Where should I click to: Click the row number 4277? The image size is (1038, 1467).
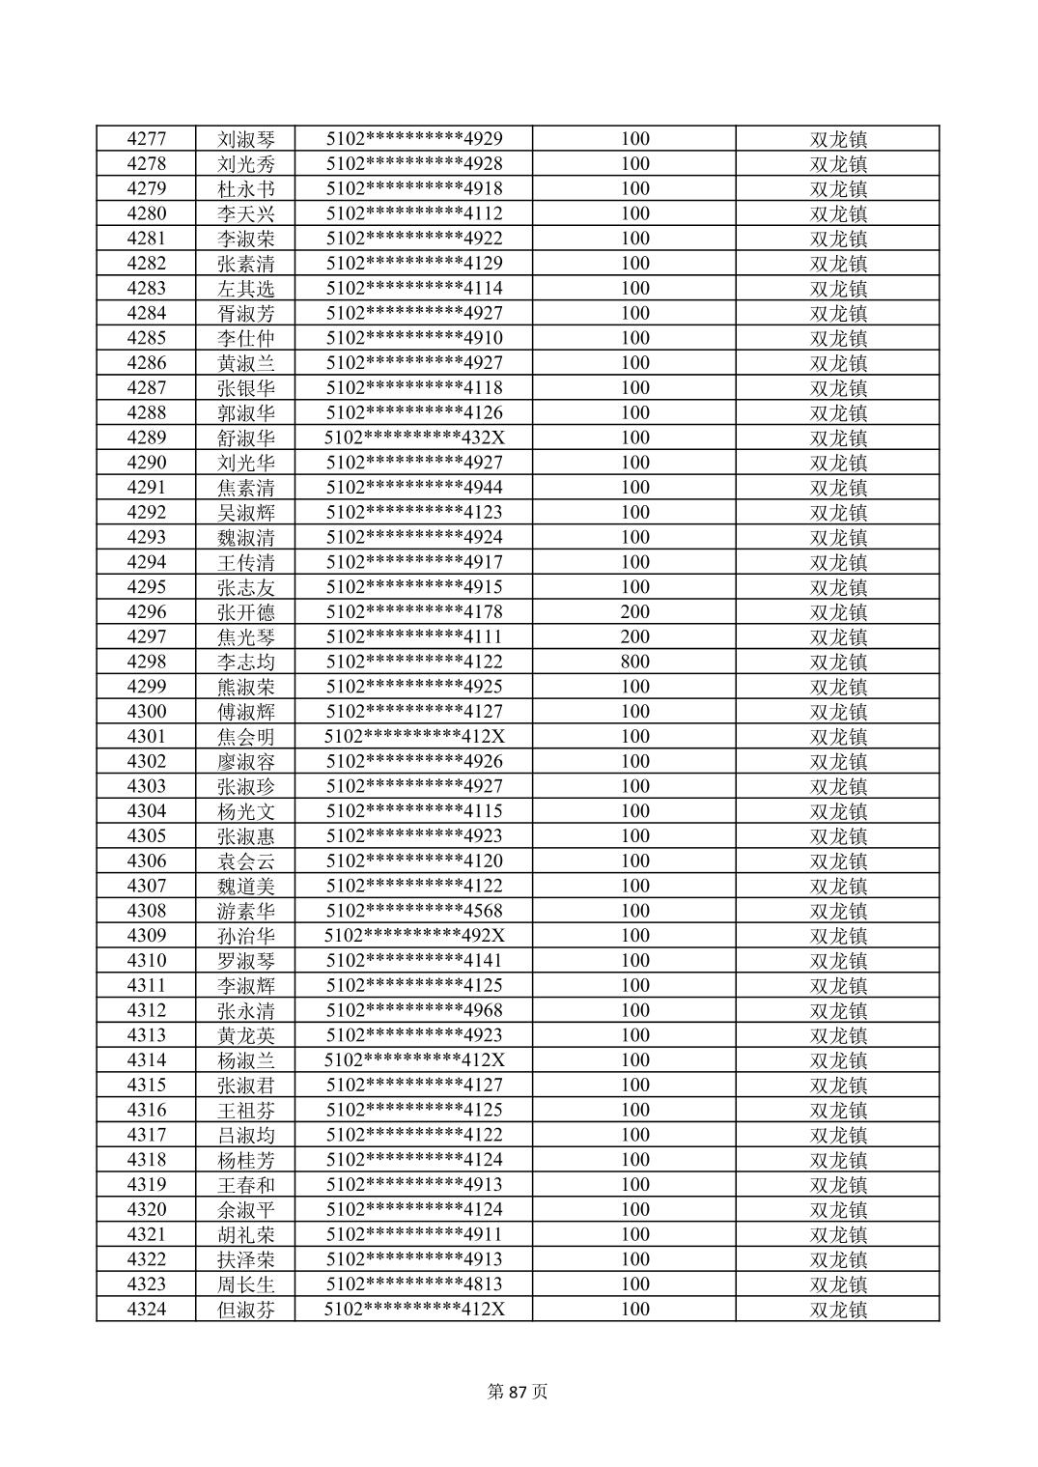(x=146, y=139)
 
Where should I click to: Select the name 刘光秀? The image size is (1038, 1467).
(x=246, y=164)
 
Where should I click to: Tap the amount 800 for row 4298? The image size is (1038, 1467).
(x=634, y=663)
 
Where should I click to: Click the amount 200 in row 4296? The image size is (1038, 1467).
(x=634, y=612)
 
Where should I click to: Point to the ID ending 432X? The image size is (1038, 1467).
(x=414, y=438)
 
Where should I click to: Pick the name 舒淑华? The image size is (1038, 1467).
(x=246, y=438)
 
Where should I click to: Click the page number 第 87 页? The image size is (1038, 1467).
(x=519, y=1392)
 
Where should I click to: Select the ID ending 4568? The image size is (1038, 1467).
(x=414, y=911)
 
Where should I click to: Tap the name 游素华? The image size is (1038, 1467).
(x=246, y=911)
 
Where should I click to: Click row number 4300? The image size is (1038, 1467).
(x=146, y=712)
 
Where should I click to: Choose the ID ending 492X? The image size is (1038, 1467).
(x=414, y=936)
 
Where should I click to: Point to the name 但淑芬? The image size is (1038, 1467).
(x=246, y=1310)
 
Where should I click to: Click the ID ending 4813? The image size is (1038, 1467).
(x=414, y=1284)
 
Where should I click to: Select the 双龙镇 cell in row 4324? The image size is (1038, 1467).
(x=838, y=1310)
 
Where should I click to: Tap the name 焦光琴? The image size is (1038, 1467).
(x=246, y=637)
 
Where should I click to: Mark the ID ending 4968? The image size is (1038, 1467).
(x=414, y=1011)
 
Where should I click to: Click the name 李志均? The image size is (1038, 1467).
(x=246, y=663)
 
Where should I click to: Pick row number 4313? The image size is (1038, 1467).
(x=146, y=1035)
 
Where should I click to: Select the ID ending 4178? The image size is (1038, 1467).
(x=414, y=612)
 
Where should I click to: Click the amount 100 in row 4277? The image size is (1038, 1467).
(x=634, y=139)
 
